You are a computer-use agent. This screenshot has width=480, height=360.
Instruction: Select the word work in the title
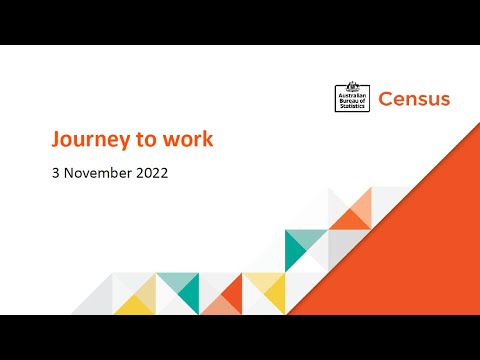[186, 139]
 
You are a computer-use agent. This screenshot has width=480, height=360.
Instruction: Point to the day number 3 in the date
[57, 172]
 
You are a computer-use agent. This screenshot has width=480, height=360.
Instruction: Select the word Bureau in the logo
[350, 101]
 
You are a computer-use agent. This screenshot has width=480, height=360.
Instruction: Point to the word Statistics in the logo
[352, 107]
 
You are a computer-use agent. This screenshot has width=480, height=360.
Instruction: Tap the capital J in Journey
[58, 139]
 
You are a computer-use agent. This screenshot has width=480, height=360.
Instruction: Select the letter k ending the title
[207, 139]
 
